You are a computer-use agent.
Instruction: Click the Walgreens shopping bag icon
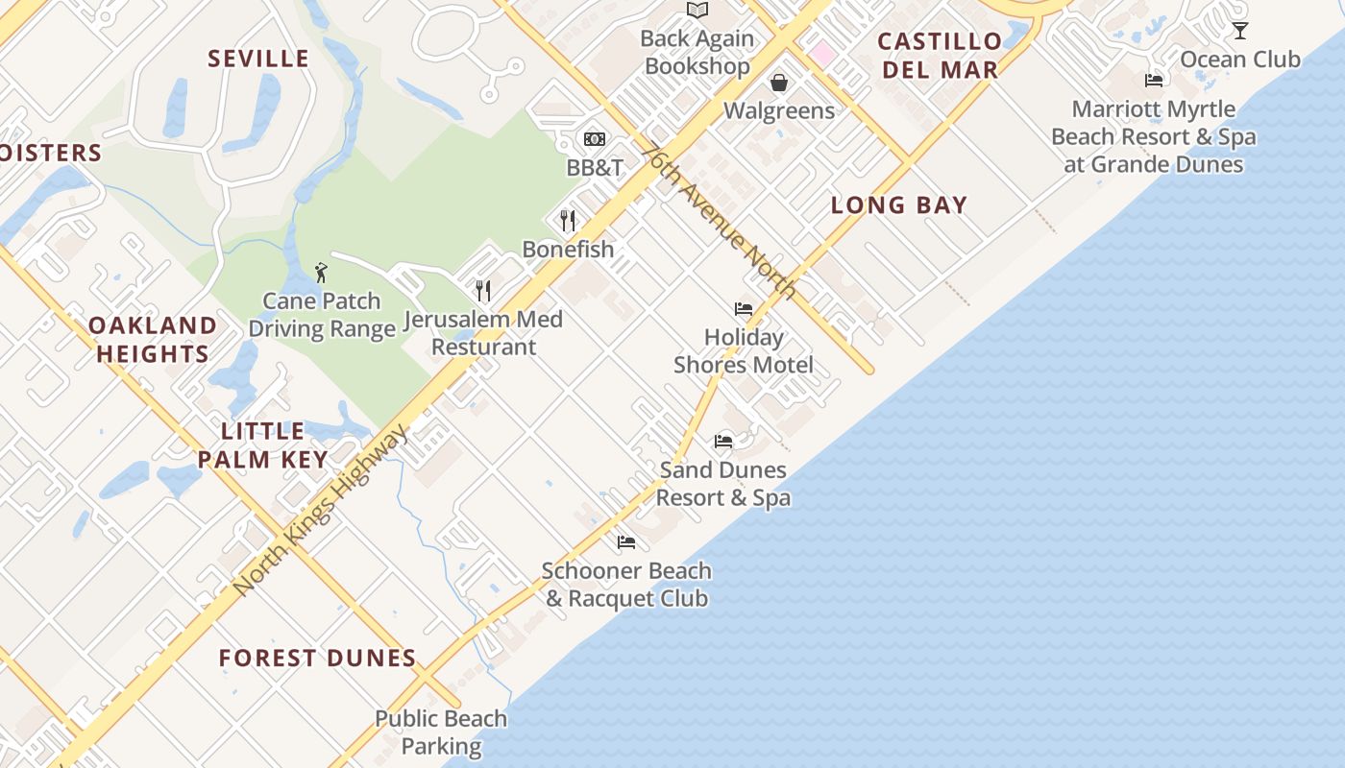(x=779, y=83)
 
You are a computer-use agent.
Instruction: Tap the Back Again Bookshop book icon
(x=697, y=11)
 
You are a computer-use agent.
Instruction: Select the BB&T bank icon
(x=595, y=139)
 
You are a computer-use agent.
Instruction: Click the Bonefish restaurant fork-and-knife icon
(x=568, y=221)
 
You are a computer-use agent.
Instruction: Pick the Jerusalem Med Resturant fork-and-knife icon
(x=483, y=290)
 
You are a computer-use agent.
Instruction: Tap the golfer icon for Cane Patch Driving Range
(x=322, y=273)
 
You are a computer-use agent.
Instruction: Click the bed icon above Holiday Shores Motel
(x=744, y=309)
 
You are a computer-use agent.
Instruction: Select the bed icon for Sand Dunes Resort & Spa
(x=723, y=442)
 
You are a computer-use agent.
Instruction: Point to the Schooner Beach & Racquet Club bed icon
(x=626, y=542)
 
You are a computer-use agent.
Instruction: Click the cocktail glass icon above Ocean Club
(x=1240, y=31)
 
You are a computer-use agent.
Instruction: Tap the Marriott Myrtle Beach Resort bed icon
(x=1154, y=81)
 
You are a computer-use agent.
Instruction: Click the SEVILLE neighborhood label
(x=259, y=59)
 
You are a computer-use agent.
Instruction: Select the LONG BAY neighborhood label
(x=899, y=204)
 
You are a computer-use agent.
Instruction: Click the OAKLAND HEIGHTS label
(x=153, y=339)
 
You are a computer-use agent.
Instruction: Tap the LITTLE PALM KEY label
(x=263, y=444)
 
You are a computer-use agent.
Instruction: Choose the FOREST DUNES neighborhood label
(x=317, y=659)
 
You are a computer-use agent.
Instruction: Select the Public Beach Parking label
(x=441, y=732)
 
